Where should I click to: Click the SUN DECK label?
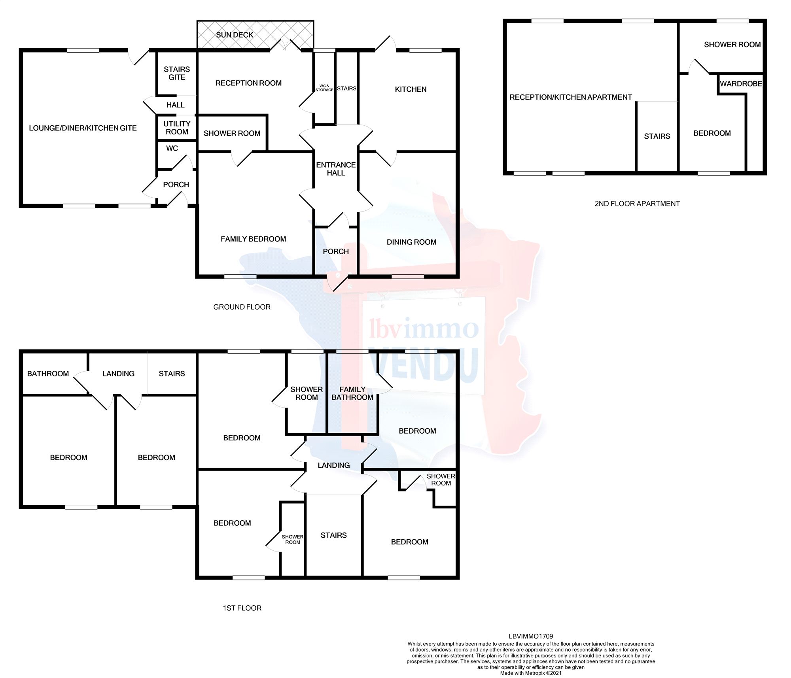tap(234, 35)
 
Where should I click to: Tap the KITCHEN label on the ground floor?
tap(411, 89)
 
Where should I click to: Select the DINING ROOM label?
tap(411, 242)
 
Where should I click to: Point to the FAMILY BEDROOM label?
tap(253, 239)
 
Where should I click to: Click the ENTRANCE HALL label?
tap(336, 169)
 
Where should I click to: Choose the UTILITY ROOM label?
tap(177, 128)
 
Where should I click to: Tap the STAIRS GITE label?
tap(177, 73)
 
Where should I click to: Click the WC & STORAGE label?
tap(324, 88)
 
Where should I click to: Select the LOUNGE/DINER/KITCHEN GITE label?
tap(83, 128)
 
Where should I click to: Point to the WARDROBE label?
tap(741, 84)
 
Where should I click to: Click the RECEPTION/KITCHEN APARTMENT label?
tap(570, 97)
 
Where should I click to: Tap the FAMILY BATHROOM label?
tap(352, 393)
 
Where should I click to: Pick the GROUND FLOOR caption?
tap(242, 307)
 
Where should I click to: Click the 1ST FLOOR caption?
tap(242, 608)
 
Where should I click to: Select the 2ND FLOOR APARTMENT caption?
tap(637, 204)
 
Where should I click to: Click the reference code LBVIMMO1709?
tap(531, 636)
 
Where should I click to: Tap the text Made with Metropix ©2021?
tap(531, 673)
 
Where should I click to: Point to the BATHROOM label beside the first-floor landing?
tap(48, 374)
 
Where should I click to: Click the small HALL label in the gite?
tap(175, 105)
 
